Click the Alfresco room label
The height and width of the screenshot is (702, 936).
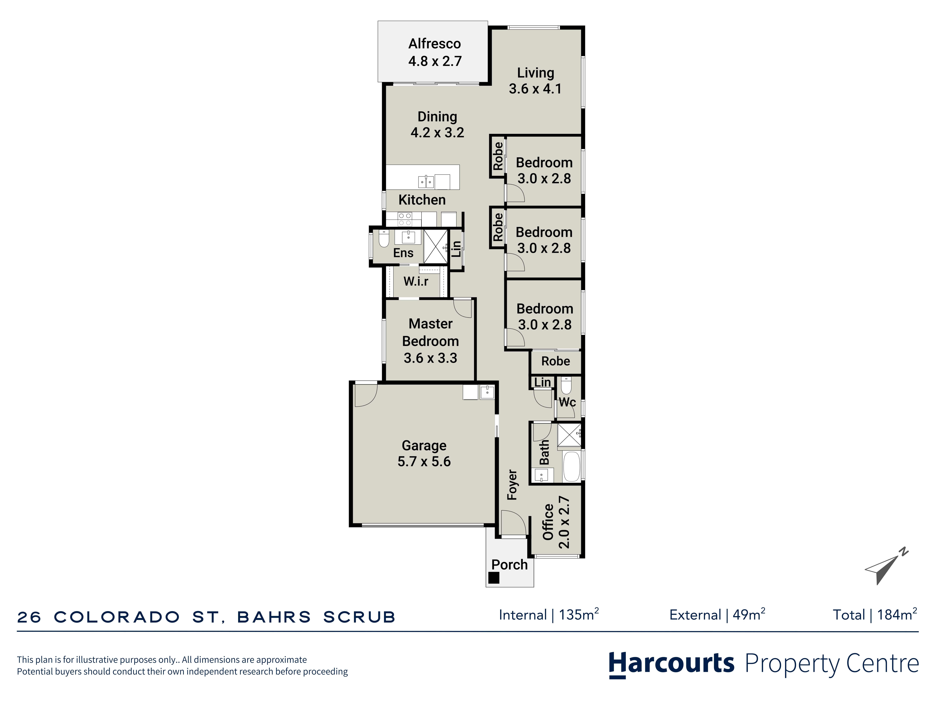pyautogui.click(x=435, y=44)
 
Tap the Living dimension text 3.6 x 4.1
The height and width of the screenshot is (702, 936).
pyautogui.click(x=535, y=89)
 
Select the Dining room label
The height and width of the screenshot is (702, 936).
pyautogui.click(x=437, y=117)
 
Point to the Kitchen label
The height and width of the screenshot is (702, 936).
pyautogui.click(x=422, y=200)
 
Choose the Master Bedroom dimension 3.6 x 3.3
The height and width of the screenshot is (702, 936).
pyautogui.click(x=430, y=358)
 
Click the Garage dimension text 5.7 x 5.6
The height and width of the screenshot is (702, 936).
pyautogui.click(x=424, y=461)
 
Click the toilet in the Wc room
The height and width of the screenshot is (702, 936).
pyautogui.click(x=566, y=385)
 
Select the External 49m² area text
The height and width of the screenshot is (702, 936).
pyautogui.click(x=717, y=614)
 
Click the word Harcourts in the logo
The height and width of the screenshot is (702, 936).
pyautogui.click(x=672, y=663)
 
